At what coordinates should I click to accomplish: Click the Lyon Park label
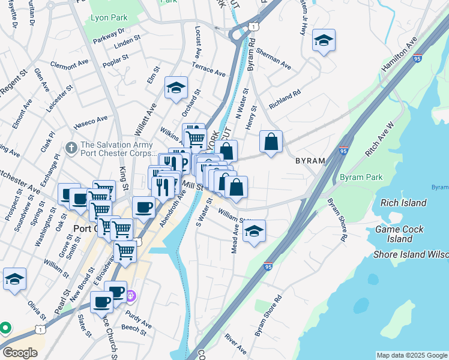[107, 18]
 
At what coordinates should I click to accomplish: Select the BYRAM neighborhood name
[310, 161]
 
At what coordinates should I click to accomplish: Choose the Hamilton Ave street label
[399, 55]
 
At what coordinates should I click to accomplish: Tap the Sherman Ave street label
[273, 58]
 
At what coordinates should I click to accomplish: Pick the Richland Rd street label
[284, 100]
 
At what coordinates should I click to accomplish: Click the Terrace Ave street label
[209, 68]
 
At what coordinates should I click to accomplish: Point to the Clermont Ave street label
[70, 64]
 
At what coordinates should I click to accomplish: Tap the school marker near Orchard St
[176, 88]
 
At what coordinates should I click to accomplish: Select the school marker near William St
[255, 231]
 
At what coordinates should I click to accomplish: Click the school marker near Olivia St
[14, 279]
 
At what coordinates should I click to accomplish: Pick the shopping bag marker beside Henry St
[271, 142]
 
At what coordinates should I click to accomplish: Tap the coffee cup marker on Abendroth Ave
[143, 208]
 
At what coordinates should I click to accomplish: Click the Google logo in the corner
[20, 352]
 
